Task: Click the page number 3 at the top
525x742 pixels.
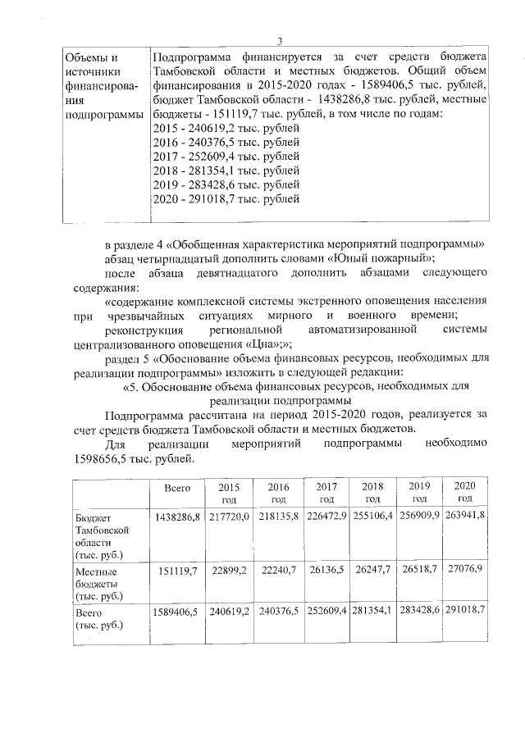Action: (x=280, y=42)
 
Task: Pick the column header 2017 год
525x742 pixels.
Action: (x=326, y=493)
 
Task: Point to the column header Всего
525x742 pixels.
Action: (x=177, y=488)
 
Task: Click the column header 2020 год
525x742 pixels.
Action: (x=465, y=493)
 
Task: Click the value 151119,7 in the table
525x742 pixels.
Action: (x=177, y=570)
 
